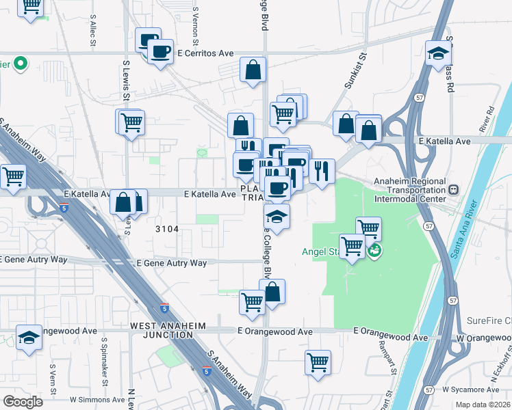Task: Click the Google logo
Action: (23, 402)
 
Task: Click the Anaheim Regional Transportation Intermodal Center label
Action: (409, 191)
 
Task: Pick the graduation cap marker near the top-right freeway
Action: (438, 53)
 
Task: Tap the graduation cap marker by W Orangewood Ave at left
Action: (29, 337)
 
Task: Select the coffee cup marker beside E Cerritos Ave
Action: (161, 51)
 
